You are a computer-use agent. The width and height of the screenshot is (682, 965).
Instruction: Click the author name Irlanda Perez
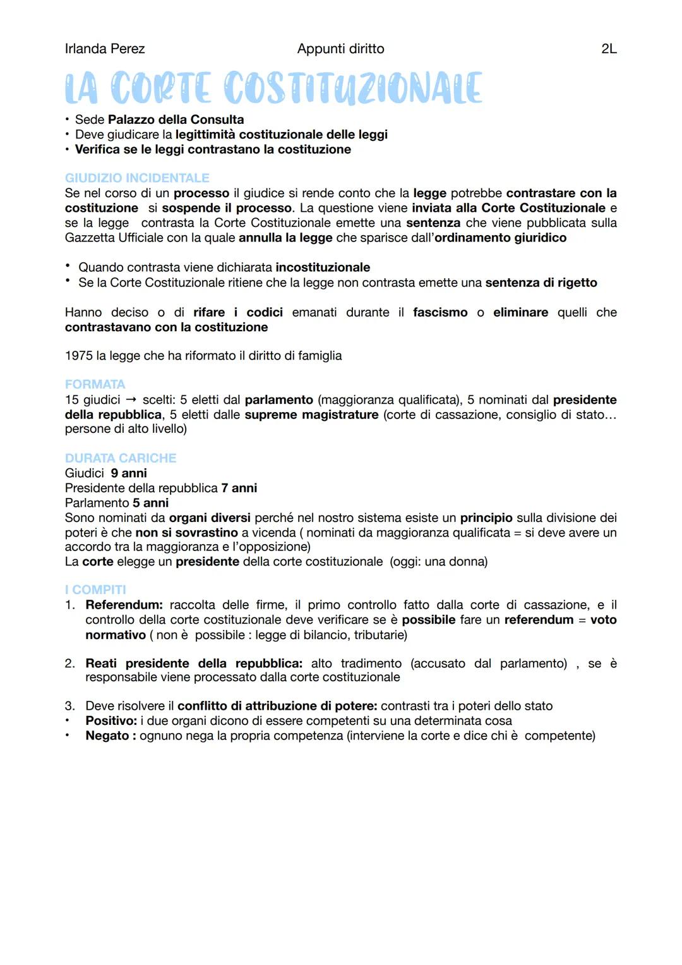[105, 49]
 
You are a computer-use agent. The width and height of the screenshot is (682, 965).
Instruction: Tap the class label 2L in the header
[609, 49]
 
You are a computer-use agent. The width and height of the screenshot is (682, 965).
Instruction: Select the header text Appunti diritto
[340, 49]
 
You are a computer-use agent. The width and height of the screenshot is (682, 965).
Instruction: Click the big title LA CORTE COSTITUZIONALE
[273, 88]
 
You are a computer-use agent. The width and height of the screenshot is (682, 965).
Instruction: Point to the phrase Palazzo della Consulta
[176, 119]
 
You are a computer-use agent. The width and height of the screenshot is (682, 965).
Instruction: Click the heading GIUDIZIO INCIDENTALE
[137, 178]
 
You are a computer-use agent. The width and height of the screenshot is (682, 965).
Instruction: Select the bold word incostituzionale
[323, 267]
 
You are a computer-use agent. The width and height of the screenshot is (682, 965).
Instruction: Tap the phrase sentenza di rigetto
[541, 282]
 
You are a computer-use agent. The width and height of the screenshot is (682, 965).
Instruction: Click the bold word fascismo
[440, 312]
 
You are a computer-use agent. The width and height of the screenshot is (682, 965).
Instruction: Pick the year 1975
[79, 356]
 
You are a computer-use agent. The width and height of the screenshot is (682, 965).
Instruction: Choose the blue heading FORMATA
[95, 384]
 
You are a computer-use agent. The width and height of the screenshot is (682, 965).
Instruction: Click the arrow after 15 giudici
[131, 400]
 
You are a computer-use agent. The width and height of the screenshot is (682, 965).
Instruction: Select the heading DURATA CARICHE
[121, 458]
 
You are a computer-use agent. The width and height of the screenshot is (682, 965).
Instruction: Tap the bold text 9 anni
[129, 473]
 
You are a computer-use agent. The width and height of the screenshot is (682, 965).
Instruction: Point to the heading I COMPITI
[95, 590]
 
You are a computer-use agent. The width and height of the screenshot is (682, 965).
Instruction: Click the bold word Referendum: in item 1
[124, 605]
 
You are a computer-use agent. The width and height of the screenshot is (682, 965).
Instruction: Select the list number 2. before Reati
[70, 663]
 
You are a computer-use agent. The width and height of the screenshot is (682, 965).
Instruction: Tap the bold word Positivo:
[111, 721]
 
